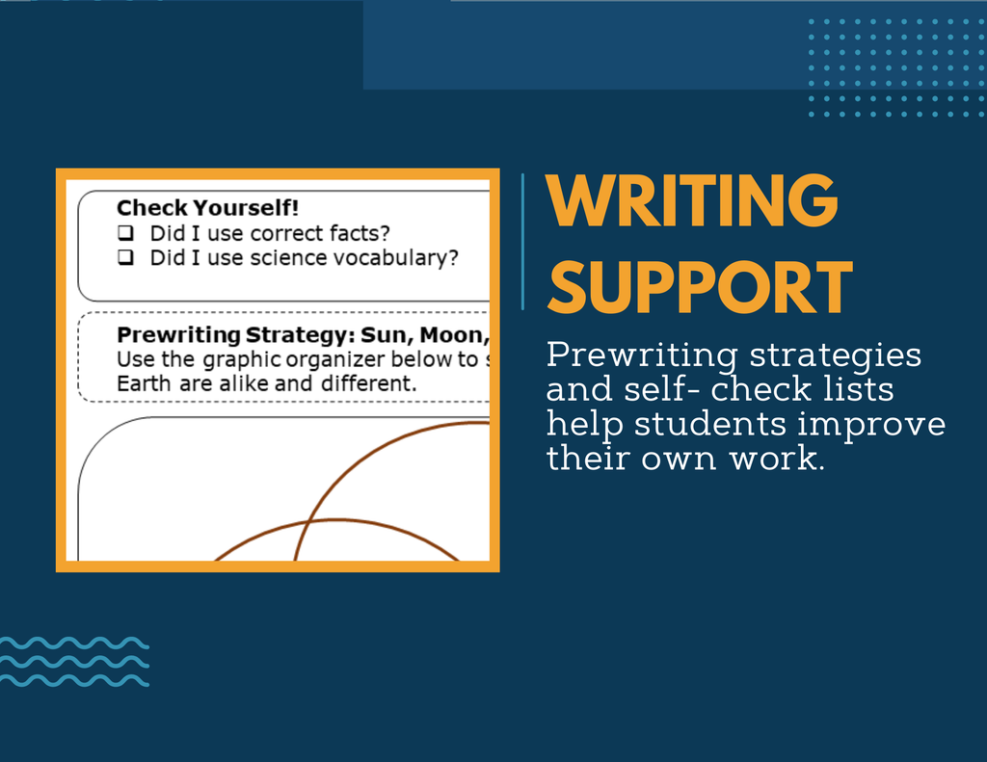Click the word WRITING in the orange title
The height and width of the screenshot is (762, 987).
point(692,200)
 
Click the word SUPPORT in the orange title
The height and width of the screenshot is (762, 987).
point(700,288)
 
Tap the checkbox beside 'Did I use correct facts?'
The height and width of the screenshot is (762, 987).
point(126,233)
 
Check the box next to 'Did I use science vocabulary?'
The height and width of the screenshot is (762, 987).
point(126,257)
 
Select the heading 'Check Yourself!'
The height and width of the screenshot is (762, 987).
point(208,208)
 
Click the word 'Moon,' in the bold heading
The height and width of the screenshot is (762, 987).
point(455,335)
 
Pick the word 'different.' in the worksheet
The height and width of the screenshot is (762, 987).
point(369,383)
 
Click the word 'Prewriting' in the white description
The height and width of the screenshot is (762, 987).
point(642,355)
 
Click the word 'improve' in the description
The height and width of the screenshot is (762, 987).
point(871,425)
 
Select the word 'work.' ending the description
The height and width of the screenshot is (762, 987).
point(777,459)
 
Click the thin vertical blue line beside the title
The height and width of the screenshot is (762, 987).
point(522,242)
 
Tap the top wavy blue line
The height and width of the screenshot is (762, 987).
point(74,644)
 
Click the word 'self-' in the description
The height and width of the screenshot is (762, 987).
point(662,389)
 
